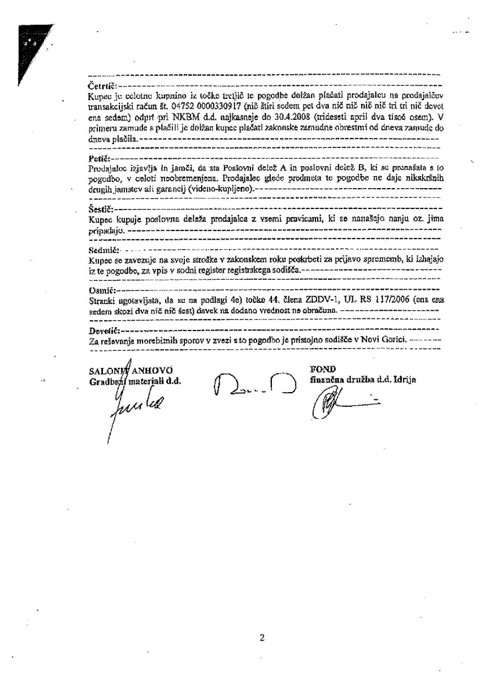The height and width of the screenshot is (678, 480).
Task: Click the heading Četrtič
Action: point(102,85)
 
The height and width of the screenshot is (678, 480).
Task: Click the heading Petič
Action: point(100,158)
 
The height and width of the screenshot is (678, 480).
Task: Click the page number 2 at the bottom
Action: point(262,638)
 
